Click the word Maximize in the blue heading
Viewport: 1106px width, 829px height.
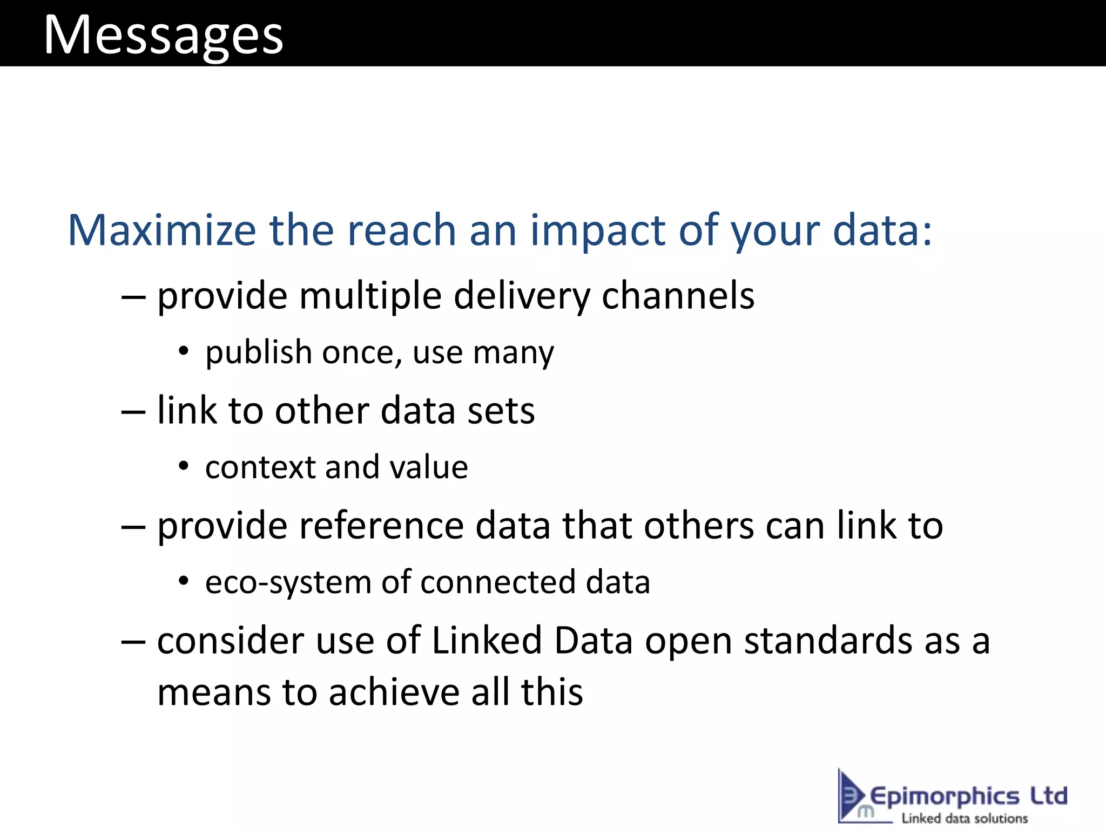click(161, 230)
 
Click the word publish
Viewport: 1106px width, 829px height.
click(259, 354)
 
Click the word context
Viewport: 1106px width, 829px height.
click(260, 467)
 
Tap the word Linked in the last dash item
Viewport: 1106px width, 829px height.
click(487, 641)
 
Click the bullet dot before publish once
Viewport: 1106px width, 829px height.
click(184, 351)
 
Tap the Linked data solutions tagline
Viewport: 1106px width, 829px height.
click(965, 818)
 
